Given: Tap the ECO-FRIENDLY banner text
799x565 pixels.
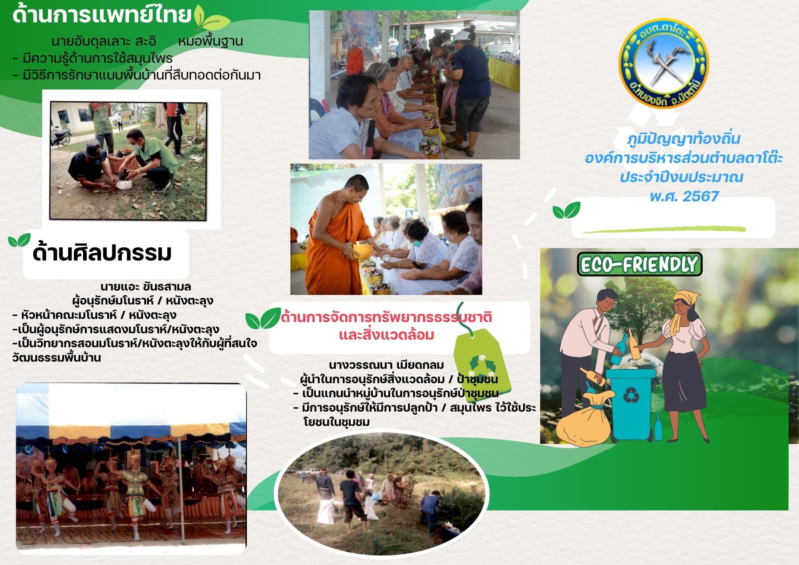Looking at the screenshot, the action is pos(640,264).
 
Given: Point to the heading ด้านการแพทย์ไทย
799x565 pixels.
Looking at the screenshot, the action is pos(102,15).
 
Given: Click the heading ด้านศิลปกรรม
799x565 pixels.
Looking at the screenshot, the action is pos(102,253).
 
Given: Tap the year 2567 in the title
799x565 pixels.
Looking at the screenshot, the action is pos(701,197).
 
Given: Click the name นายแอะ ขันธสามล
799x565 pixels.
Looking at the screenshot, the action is pos(145,286).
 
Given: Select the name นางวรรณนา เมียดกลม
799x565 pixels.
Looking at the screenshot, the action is pos(386,365).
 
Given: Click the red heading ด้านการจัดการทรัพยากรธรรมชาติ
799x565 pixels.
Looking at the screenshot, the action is pos(386,317).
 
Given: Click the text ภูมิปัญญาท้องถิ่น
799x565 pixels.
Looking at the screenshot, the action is pos(684,139).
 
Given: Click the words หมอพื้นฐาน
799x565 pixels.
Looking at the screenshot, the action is pos(211,41).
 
